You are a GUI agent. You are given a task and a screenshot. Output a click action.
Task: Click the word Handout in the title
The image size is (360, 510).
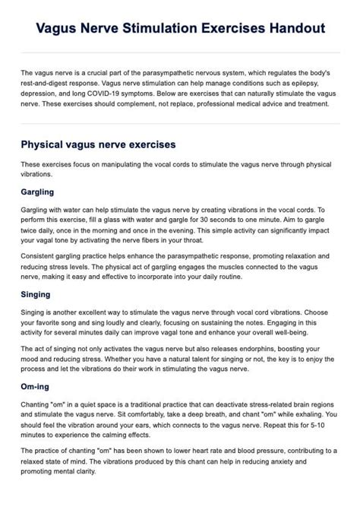pyautogui.click(x=293, y=28)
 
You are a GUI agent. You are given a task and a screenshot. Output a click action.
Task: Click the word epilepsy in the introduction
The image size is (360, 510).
pyautogui.click(x=320, y=82)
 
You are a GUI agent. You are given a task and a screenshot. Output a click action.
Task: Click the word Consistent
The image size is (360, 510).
pyautogui.click(x=39, y=256)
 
